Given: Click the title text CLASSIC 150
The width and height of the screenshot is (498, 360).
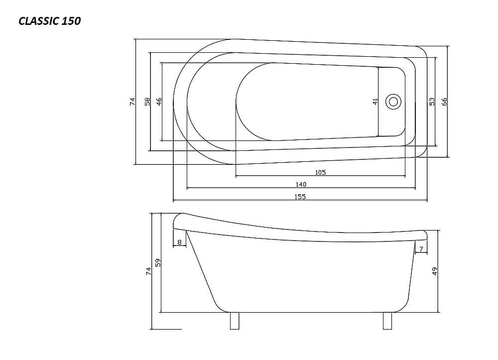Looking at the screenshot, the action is point(49,21).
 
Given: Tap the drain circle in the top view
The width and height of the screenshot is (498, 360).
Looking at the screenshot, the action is point(393,102).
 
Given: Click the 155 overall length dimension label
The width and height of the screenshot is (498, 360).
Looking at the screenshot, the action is point(300,197).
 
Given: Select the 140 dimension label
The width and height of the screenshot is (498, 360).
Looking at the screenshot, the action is point(301,184).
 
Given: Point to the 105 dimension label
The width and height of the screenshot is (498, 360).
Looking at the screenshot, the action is point(320,172).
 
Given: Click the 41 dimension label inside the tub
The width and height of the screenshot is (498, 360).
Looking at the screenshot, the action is point(375,102).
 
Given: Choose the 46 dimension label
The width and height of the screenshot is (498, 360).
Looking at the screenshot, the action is point(159,102).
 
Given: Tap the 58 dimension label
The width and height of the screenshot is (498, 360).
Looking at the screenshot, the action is point(147,102).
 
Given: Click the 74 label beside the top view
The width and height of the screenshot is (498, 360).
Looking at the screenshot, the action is point(132,102).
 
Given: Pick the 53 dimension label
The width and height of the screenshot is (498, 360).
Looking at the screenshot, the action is point(432,102).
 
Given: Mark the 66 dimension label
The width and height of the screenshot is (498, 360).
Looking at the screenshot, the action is point(444,102).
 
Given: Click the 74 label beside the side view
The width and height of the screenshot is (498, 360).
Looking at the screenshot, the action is point(148,271).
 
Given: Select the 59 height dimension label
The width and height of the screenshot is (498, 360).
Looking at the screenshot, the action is point(158,263).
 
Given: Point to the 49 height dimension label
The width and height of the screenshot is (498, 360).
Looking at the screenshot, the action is point(435,271).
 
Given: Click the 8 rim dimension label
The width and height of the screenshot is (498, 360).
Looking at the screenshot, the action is point(179,242).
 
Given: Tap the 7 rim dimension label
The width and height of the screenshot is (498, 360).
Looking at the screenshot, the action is point(421,249).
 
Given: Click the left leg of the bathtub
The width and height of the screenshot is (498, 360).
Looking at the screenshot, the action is point(235,321).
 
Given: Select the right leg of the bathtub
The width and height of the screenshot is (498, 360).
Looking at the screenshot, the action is point(387,321).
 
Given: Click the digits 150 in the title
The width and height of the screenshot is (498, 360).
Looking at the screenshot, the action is point(71,21).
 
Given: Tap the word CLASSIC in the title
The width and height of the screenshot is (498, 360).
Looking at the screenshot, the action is point(39,21).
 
